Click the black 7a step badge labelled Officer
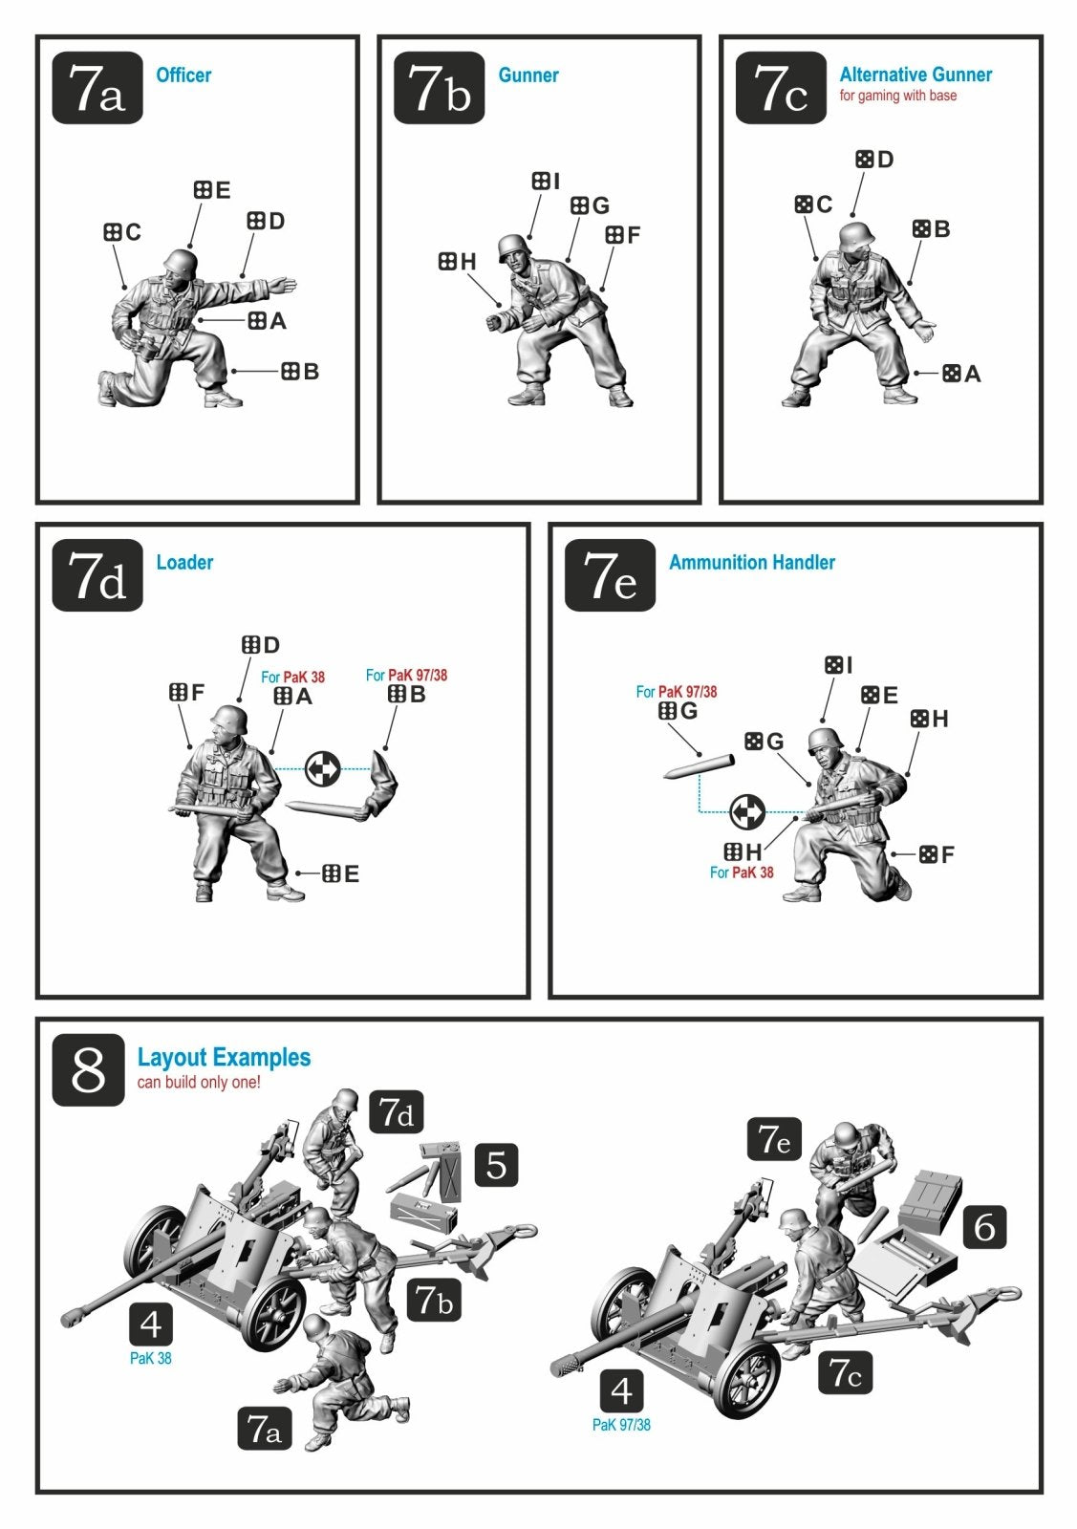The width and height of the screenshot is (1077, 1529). [97, 87]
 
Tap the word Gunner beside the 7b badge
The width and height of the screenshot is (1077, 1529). [528, 75]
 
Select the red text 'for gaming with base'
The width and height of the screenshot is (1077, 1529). [897, 96]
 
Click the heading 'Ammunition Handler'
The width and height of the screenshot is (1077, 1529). [751, 563]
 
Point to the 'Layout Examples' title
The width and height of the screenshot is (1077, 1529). [224, 1057]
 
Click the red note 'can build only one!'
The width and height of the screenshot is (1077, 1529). [199, 1082]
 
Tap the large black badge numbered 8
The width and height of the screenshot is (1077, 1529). [88, 1069]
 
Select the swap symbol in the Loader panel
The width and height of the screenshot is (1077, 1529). [322, 768]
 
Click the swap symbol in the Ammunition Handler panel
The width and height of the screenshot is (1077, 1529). [747, 811]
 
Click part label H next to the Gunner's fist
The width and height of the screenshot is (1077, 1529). [457, 262]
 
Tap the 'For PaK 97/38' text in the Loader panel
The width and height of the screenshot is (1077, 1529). [406, 675]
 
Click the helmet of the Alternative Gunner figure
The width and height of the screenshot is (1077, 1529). [856, 235]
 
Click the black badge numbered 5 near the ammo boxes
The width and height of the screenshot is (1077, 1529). [496, 1165]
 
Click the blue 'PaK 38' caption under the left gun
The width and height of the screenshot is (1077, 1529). [151, 1358]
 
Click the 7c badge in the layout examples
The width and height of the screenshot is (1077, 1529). [845, 1371]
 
